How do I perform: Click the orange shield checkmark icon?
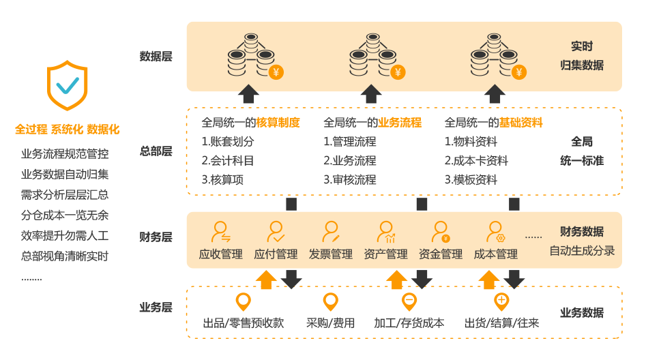pos(67,85)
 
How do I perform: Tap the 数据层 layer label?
pos(156,57)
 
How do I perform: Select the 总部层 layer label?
pos(156,151)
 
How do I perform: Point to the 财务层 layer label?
pos(156,237)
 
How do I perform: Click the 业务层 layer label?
pos(156,307)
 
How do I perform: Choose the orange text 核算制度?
pos(278,123)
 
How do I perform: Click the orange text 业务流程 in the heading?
pos(400,123)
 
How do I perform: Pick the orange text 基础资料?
pos(521,123)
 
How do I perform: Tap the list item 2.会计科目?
pos(228,161)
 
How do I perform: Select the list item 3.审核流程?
pos(349,180)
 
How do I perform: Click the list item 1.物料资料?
pos(471,142)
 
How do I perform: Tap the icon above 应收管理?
pos(220,232)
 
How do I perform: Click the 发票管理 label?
pos(331,254)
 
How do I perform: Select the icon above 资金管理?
pos(441,232)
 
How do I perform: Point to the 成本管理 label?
pos(496,254)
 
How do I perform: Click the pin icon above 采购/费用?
pos(331,301)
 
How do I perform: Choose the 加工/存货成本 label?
pos(409,322)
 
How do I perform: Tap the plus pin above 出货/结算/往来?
pos(501,301)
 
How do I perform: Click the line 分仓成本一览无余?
pos(65,215)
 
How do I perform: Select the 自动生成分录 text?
pos(582,250)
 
